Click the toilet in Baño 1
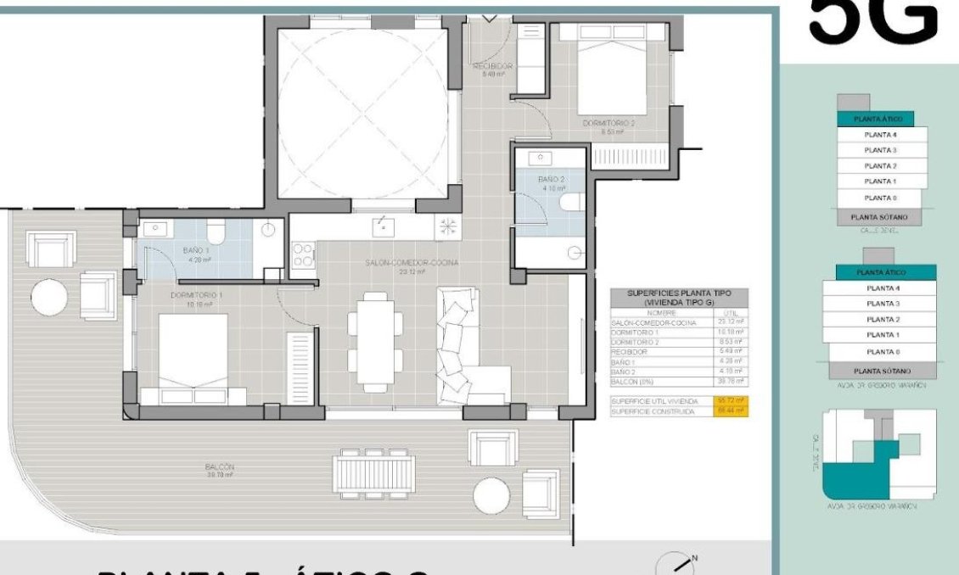click(x=216, y=232)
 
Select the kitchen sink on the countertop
click(x=384, y=226)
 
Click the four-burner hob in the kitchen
click(x=304, y=255)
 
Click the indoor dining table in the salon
click(x=375, y=340)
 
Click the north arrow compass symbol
click(x=681, y=563)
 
